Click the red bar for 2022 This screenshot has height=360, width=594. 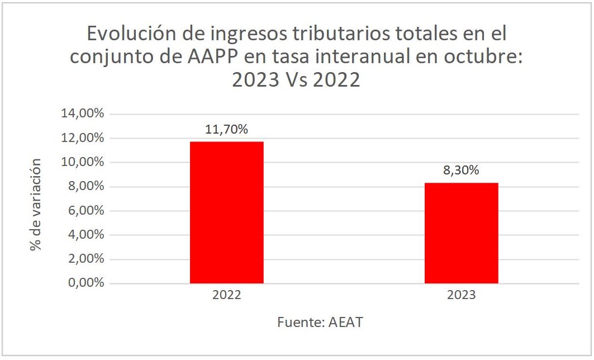tap(226, 212)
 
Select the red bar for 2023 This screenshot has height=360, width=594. tap(461, 233)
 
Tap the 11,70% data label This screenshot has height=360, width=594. tap(226, 130)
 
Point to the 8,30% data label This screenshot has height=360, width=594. tap(461, 170)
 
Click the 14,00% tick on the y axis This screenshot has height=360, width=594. tap(82, 114)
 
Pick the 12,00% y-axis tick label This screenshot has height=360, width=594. tap(82, 138)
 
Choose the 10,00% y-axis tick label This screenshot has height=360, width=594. tap(82, 163)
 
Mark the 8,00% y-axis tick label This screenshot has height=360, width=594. tap(85, 187)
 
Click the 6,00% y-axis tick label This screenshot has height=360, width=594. tap(85, 211)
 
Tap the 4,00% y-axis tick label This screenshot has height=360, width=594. tap(85, 235)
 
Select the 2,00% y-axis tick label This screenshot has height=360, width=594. tap(85, 259)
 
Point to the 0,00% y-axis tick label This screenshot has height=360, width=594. tap(85, 283)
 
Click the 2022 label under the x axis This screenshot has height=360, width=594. tap(226, 295)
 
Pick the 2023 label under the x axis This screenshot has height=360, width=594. tap(461, 295)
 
